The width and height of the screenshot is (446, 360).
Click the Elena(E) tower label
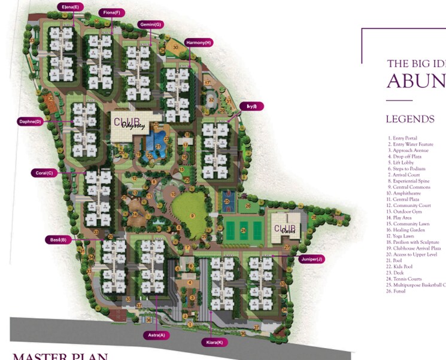click(x=71, y=7)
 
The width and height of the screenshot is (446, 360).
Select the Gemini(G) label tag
click(x=150, y=25)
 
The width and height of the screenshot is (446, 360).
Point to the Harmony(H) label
click(x=198, y=42)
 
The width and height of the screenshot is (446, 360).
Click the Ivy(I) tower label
click(x=251, y=106)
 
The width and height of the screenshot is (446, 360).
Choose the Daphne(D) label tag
click(x=30, y=121)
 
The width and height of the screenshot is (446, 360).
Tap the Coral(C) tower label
click(x=44, y=173)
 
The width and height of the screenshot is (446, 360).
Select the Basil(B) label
click(x=58, y=240)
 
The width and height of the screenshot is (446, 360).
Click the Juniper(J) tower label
click(x=312, y=259)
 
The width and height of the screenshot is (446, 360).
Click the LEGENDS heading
click(x=410, y=119)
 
